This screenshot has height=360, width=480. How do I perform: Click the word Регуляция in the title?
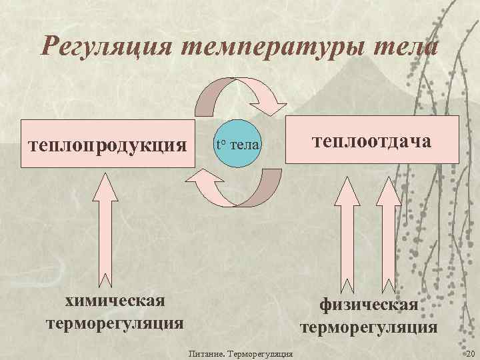pos(106,47)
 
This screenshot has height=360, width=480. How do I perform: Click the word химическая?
pos(115,301)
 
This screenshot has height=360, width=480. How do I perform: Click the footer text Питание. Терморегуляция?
pos(241,353)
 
